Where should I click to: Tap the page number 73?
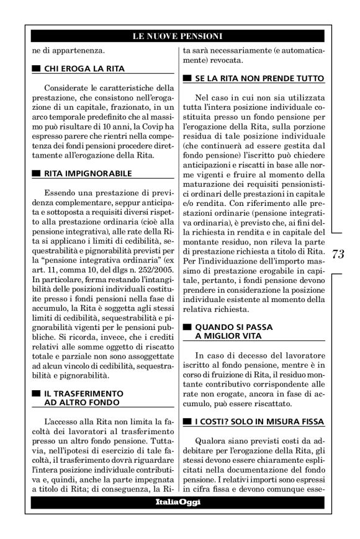pyautogui.click(x=338, y=254)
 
